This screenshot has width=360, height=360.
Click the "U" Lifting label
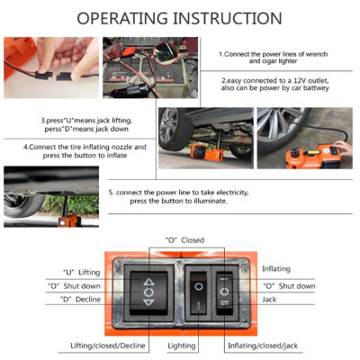pyautogui.click(x=81, y=272)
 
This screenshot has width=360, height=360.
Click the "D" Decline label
pyautogui.click(x=81, y=299)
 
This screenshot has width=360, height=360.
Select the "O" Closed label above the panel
pyautogui.click(x=184, y=240)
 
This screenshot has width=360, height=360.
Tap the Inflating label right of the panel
pyautogui.click(x=276, y=269)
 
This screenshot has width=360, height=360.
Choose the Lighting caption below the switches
pyautogui.click(x=184, y=346)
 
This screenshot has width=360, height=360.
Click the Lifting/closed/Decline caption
pyautogui.click(x=107, y=346)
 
